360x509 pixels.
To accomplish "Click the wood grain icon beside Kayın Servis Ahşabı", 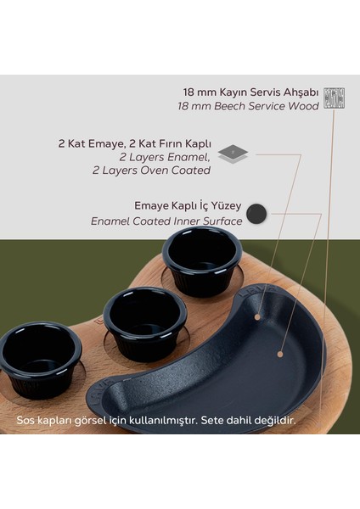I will (x=335, y=98).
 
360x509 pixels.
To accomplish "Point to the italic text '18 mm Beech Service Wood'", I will (x=250, y=106).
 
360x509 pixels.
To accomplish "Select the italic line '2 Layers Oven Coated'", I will (x=151, y=170).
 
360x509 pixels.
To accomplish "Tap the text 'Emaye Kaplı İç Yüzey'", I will (x=188, y=206).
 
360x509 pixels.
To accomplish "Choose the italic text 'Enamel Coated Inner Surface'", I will (x=166, y=221).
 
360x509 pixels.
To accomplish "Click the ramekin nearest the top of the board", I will (x=202, y=259).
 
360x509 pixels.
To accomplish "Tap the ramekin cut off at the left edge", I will (x=38, y=355).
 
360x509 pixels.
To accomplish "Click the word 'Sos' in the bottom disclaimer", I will (x=25, y=420).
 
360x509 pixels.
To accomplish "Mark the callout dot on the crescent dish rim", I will (x=256, y=317).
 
